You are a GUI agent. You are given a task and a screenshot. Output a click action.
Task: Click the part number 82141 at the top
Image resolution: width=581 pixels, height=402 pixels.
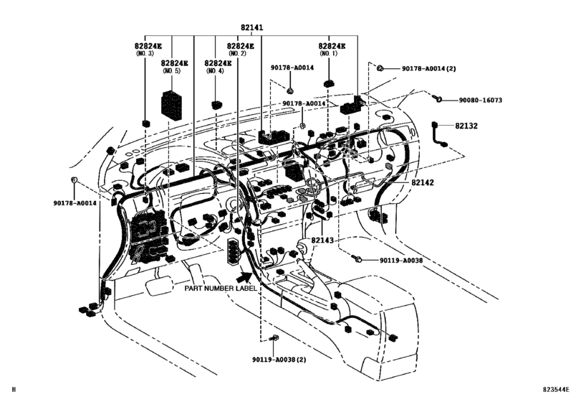(x=251, y=27)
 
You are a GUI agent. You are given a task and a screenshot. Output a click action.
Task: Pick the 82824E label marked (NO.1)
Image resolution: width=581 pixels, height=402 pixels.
(x=332, y=45)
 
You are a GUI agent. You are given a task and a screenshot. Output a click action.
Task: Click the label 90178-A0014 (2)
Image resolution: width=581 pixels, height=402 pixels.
(x=428, y=68)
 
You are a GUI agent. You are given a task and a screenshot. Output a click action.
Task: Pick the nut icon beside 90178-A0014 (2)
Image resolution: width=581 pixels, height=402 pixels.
(x=382, y=68)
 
